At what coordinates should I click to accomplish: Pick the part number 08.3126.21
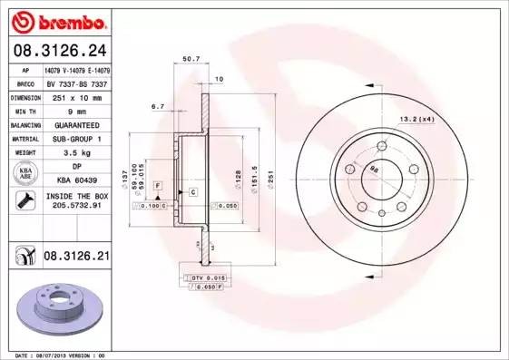(x=76, y=257)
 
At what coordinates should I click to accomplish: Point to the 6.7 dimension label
(x=157, y=106)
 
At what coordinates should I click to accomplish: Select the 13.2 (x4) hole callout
(x=417, y=118)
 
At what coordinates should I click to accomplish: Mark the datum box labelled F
(x=158, y=185)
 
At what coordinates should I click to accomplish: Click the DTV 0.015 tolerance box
(x=204, y=276)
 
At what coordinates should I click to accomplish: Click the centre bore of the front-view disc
(x=376, y=170)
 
